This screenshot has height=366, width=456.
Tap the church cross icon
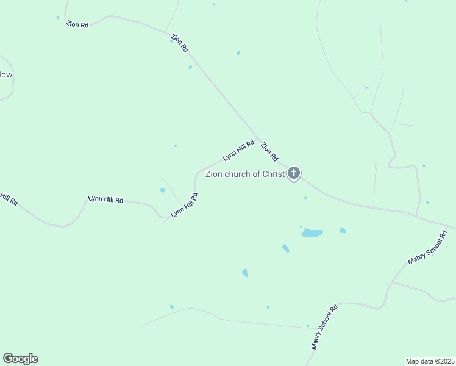(294, 174)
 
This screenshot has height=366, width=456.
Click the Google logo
(20, 359)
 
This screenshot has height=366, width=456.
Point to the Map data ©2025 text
(430, 361)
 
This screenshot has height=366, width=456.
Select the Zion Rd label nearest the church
(269, 151)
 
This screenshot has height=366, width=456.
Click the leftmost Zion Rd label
(77, 24)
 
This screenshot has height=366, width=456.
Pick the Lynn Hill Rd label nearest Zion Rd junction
(238, 150)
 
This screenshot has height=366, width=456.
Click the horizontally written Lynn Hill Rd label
(105, 199)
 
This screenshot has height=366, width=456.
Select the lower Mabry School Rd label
(324, 327)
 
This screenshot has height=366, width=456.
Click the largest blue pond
(312, 233)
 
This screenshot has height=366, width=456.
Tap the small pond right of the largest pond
(343, 231)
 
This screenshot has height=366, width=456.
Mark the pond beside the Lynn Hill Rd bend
(162, 190)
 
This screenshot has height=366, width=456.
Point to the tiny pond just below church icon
(305, 198)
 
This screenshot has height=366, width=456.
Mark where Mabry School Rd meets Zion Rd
(449, 224)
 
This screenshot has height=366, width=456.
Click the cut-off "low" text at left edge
(6, 75)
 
